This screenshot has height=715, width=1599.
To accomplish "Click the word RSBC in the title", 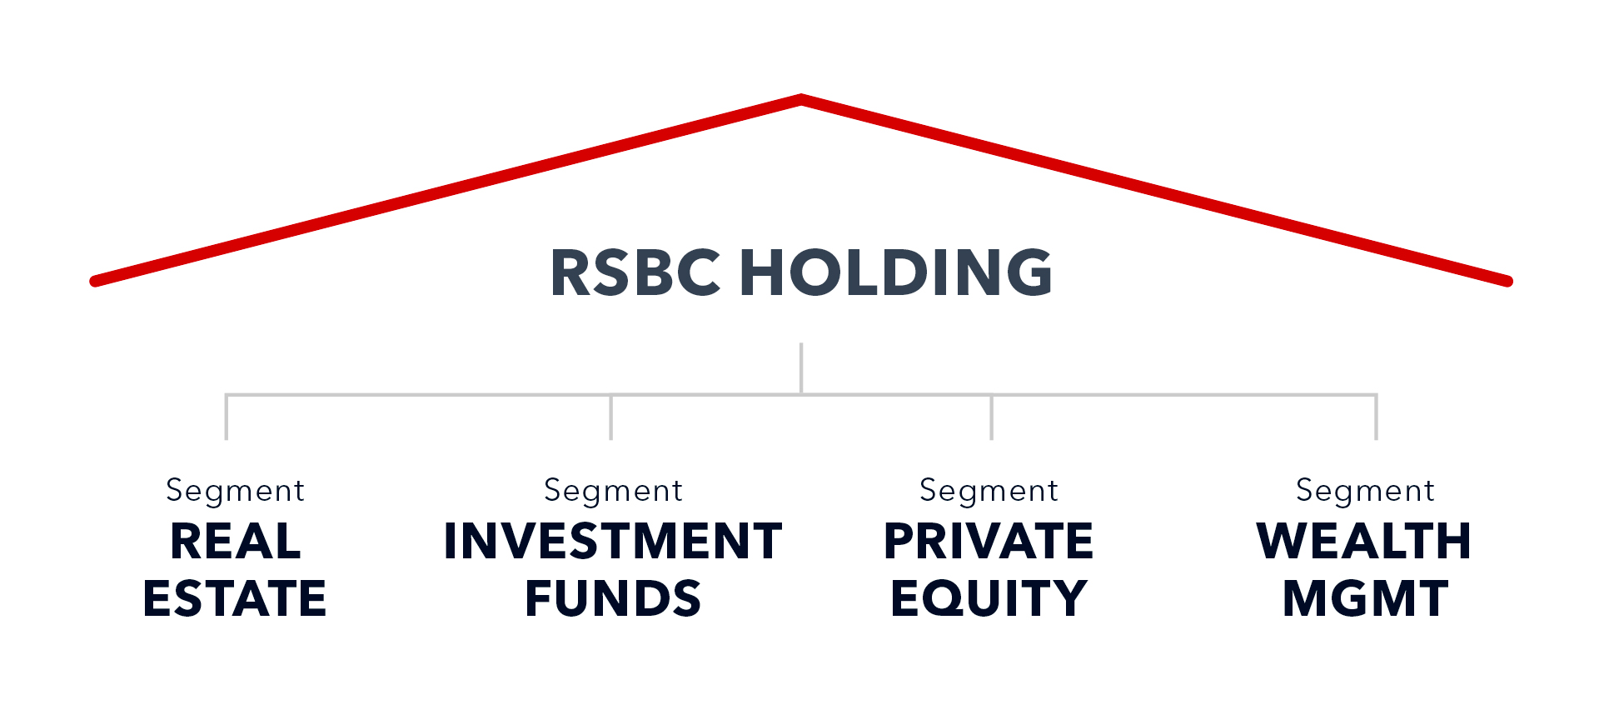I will pos(635,272).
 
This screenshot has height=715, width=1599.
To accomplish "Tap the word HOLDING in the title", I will pos(896,272).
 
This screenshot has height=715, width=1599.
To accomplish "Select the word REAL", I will pos(236,542).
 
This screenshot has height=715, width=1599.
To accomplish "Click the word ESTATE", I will pos(235,598).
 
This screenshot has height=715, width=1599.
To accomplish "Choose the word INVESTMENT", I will pos(613,542).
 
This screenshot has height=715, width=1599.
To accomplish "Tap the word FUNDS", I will pos(613,598).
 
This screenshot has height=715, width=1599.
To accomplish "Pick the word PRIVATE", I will pos(989,542).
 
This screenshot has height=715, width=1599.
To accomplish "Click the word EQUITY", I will pos(989,598).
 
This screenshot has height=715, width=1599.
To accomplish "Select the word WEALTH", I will pos(1364,542).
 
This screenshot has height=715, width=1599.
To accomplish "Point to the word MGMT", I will pos(1365,598).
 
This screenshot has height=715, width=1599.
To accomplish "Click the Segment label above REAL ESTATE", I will pos(236,491).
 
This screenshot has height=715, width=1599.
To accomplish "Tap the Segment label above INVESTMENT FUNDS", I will pos(614,491).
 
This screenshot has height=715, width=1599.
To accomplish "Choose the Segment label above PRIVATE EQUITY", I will pos(989,491).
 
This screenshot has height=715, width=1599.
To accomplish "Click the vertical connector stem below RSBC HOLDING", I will pos(801,367).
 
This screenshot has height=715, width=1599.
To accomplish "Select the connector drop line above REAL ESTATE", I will pos(227,417).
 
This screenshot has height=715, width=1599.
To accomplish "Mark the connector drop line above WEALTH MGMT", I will pos(1376,417).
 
